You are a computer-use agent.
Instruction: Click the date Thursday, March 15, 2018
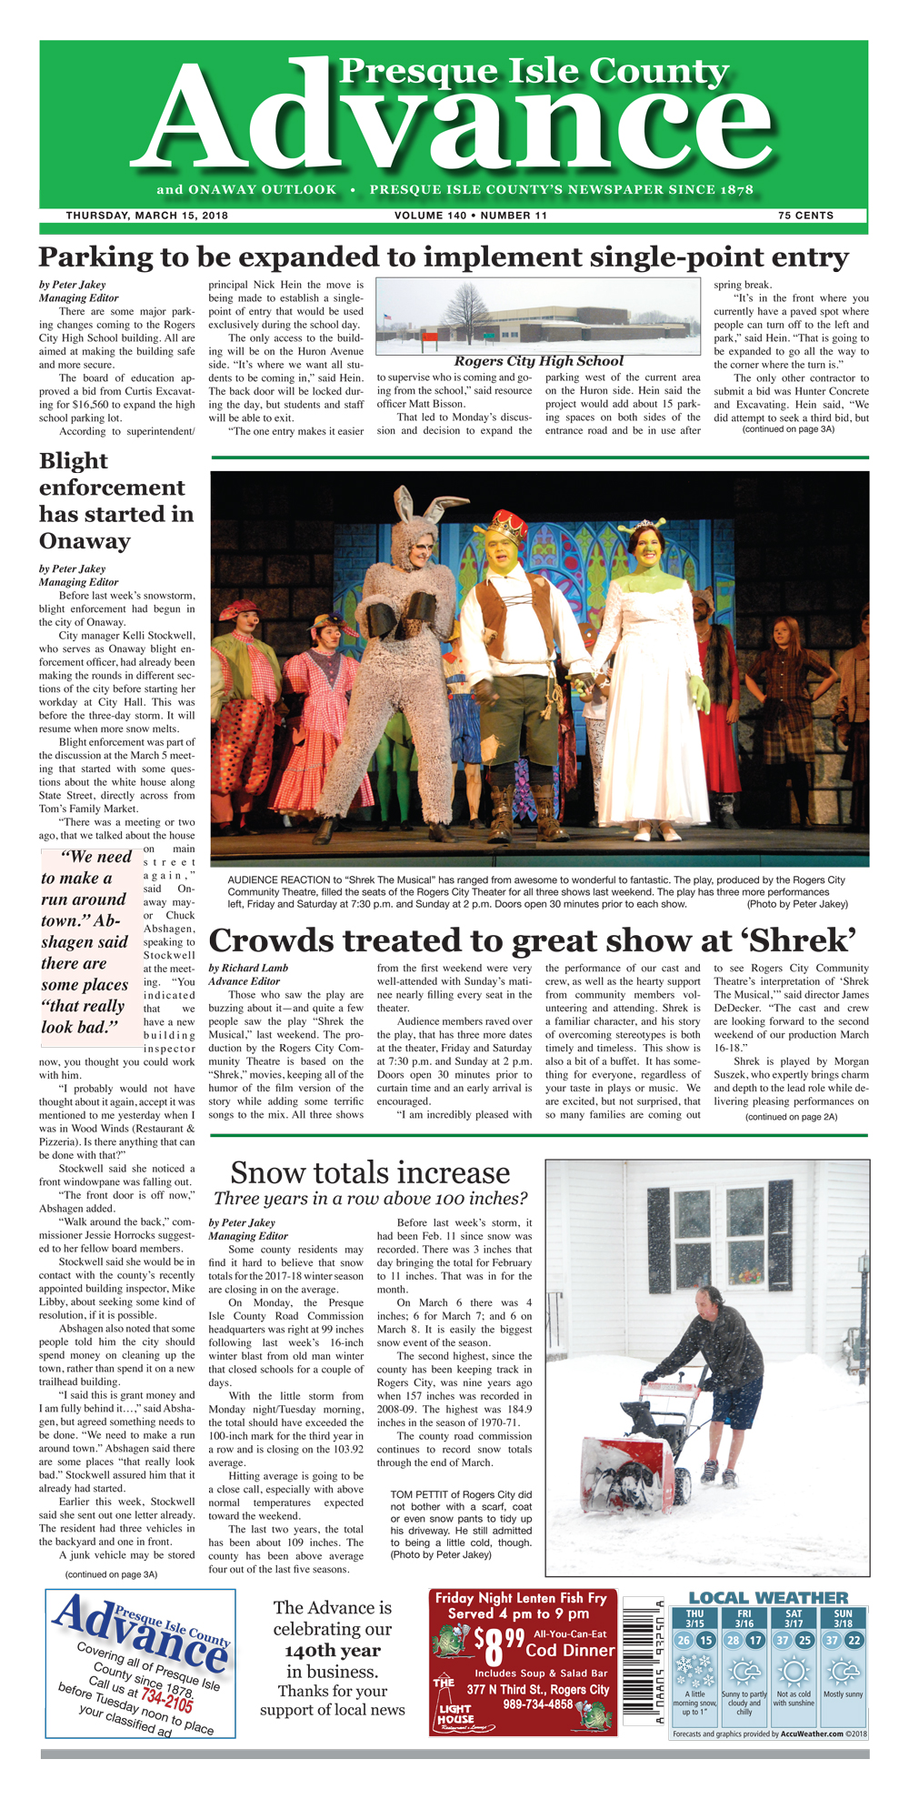click(x=146, y=216)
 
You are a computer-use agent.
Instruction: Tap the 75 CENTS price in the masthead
click(x=805, y=216)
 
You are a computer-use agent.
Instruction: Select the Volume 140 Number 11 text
click(x=471, y=216)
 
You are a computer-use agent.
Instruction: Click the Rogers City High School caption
click(x=538, y=361)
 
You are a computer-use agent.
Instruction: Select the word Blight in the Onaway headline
click(x=73, y=461)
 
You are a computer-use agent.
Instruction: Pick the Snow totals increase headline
click(x=370, y=1172)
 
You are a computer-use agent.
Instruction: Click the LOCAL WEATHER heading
click(x=768, y=1598)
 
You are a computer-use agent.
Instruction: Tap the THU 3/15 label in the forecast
click(x=694, y=1618)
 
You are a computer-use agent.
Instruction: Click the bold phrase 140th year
click(x=332, y=1651)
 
